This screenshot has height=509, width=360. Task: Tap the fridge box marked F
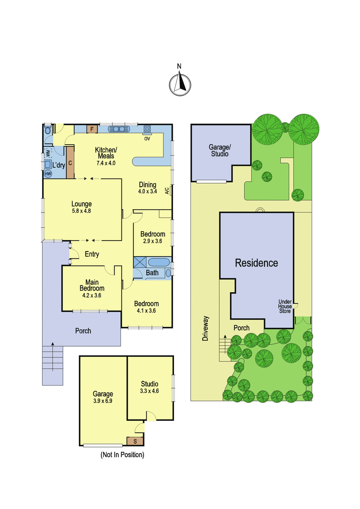click(x=92, y=129)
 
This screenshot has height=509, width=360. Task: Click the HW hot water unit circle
click(x=48, y=174)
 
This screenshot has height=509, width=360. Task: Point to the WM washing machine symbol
click(x=48, y=153)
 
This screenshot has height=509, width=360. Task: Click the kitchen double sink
click(x=119, y=129)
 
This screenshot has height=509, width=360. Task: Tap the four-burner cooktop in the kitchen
click(x=147, y=129)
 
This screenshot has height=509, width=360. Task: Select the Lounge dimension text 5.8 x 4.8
click(x=82, y=211)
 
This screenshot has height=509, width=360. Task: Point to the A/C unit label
click(x=167, y=190)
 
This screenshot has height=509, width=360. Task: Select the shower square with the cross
click(x=140, y=262)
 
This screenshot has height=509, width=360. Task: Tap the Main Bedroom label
click(x=92, y=285)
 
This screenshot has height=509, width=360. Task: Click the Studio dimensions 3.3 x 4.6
click(x=149, y=391)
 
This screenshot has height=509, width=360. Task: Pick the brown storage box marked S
click(x=135, y=441)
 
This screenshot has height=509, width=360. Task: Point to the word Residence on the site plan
click(x=256, y=263)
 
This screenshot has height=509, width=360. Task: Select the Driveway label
click(x=205, y=328)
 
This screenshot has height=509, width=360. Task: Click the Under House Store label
click(x=285, y=306)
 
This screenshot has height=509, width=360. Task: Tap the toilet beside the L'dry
click(x=48, y=131)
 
